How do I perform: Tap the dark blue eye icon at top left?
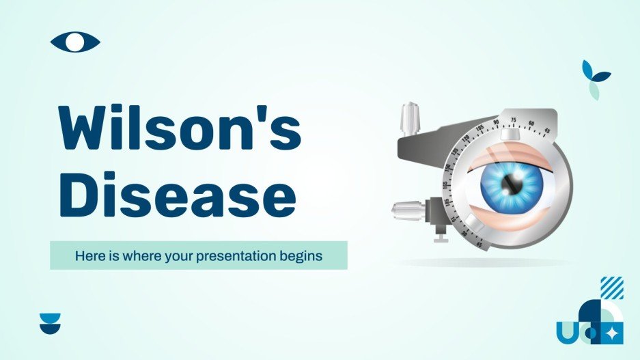pyautogui.click(x=75, y=42)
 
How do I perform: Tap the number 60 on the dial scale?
pyautogui.click(x=531, y=123)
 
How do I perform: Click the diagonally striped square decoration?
pyautogui.click(x=611, y=288)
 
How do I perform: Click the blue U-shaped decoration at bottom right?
pyautogui.click(x=566, y=333)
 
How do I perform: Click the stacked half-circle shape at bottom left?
pyautogui.click(x=50, y=322)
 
